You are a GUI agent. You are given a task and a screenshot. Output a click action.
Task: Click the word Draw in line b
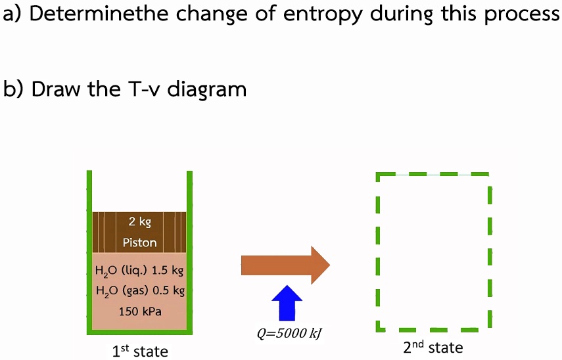(55, 88)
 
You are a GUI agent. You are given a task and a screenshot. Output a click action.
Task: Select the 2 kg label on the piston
(139, 222)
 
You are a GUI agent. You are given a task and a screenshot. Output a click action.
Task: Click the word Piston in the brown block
(139, 242)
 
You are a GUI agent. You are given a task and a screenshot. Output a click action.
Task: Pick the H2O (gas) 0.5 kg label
(140, 290)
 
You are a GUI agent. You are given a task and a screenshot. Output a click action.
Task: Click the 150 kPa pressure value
(139, 311)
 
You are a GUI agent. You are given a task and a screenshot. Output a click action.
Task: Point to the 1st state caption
(140, 351)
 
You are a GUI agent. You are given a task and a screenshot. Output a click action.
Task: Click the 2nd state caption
(433, 347)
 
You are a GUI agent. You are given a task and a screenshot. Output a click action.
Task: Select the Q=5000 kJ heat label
(289, 333)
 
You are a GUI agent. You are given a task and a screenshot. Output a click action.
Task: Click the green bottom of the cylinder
(139, 332)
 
